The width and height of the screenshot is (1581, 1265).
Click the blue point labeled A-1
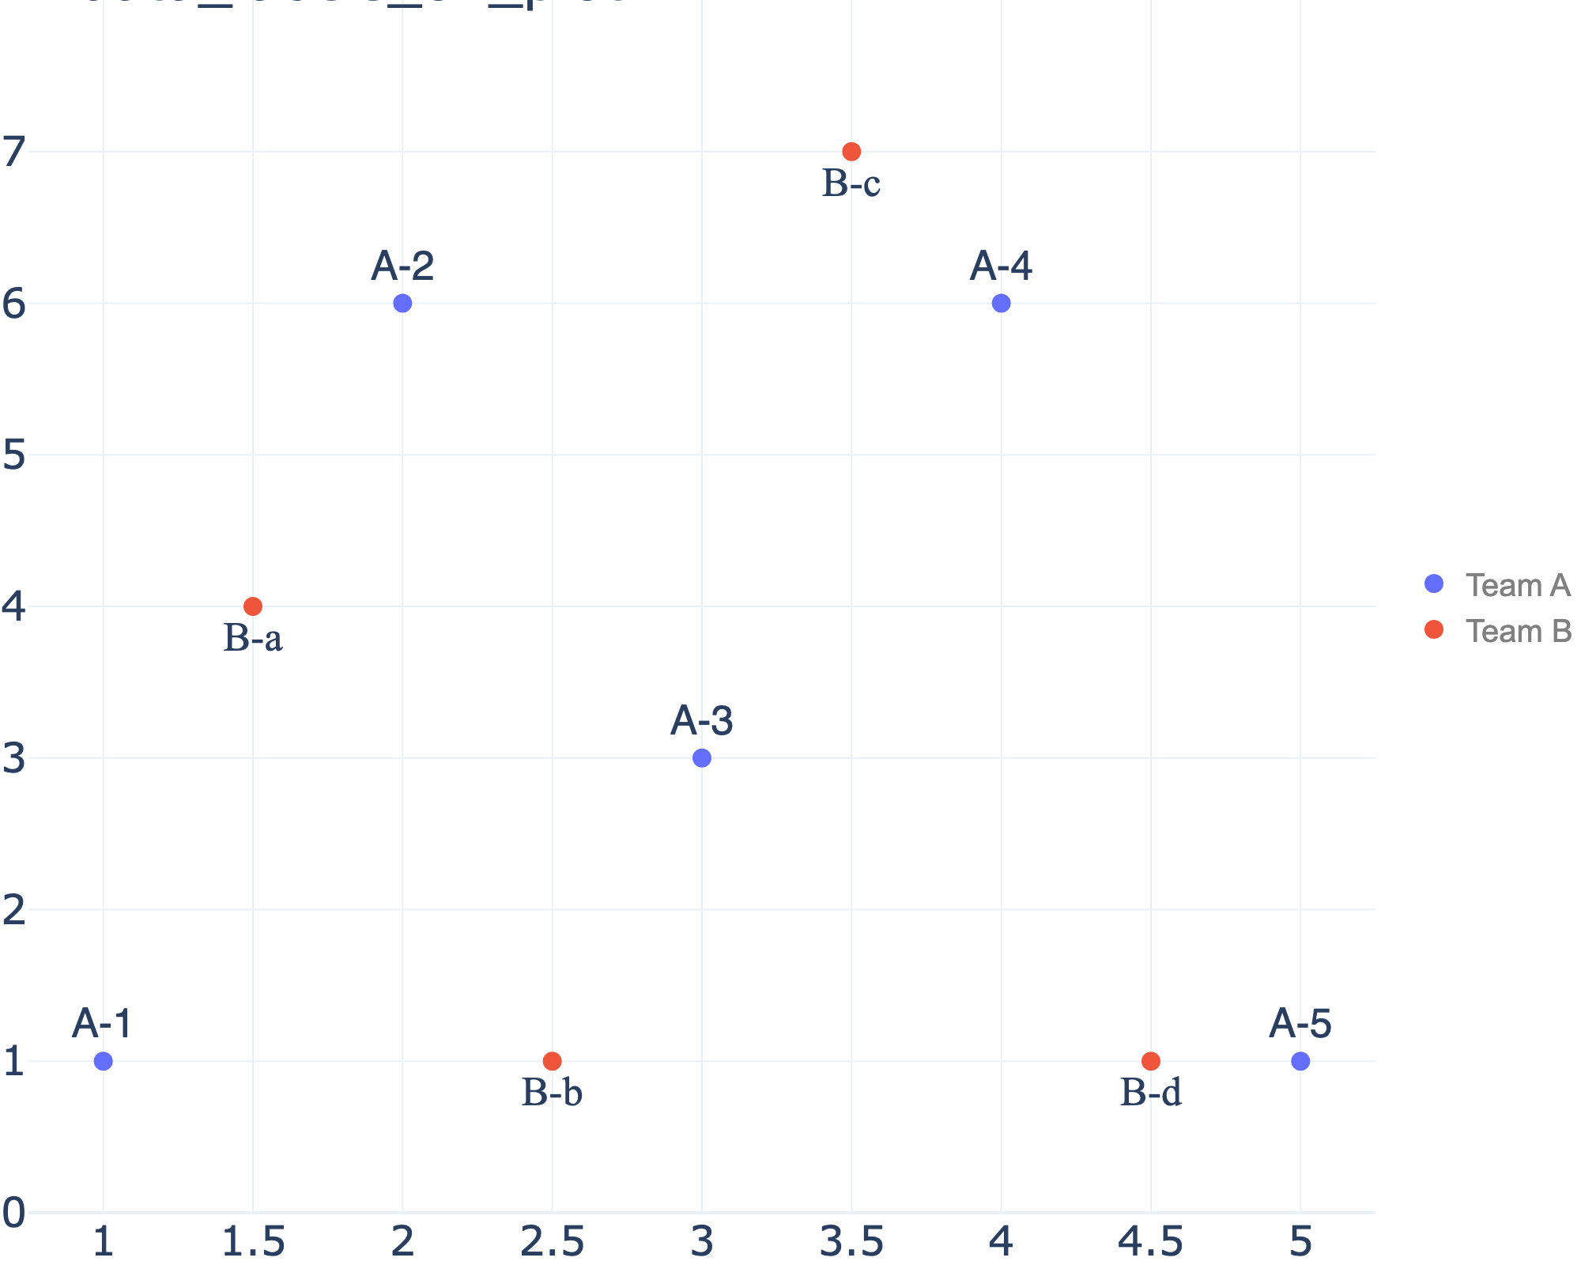point(103,1061)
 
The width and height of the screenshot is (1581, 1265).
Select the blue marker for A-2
point(402,303)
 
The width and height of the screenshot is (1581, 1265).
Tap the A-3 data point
point(701,758)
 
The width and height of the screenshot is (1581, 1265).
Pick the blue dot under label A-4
point(1001,303)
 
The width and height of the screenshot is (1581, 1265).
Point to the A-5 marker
point(1300,1061)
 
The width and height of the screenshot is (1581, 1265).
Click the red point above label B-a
point(253,606)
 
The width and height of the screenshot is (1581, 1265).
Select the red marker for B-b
point(553,1061)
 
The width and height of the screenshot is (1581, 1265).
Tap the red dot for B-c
point(851,151)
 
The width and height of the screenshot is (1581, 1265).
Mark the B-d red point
point(1151,1061)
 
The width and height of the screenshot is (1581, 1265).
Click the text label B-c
point(851,184)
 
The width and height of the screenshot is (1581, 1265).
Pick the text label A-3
point(702,721)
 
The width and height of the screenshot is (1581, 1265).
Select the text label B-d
point(1151,1093)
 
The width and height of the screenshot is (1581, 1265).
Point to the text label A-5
point(1300,1024)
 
